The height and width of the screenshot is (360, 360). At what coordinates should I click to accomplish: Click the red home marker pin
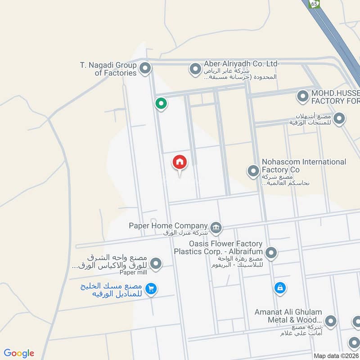point(180,162)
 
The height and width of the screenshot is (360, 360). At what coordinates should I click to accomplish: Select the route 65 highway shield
point(314,4)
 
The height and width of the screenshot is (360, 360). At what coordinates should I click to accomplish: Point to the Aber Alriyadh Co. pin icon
point(195,69)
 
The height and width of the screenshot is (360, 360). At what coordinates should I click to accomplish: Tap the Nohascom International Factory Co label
point(304,166)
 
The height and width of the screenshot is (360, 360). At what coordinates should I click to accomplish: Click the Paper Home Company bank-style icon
point(216,226)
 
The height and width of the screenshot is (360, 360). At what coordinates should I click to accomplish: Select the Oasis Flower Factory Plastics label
point(218,247)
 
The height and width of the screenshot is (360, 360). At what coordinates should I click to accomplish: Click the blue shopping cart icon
point(151,289)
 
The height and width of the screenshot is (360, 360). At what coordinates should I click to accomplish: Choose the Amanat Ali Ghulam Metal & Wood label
point(288,316)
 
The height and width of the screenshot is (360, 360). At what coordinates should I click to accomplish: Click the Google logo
point(19,353)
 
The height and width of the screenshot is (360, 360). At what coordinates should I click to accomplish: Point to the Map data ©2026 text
point(336,355)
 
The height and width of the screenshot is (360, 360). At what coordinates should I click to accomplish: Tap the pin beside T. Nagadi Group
point(145,69)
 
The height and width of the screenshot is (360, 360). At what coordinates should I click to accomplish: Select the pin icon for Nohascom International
point(253,171)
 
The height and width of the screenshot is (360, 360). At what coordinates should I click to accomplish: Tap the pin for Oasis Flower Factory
point(271,253)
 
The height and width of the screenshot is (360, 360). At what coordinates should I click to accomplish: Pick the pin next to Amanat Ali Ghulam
point(331,321)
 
